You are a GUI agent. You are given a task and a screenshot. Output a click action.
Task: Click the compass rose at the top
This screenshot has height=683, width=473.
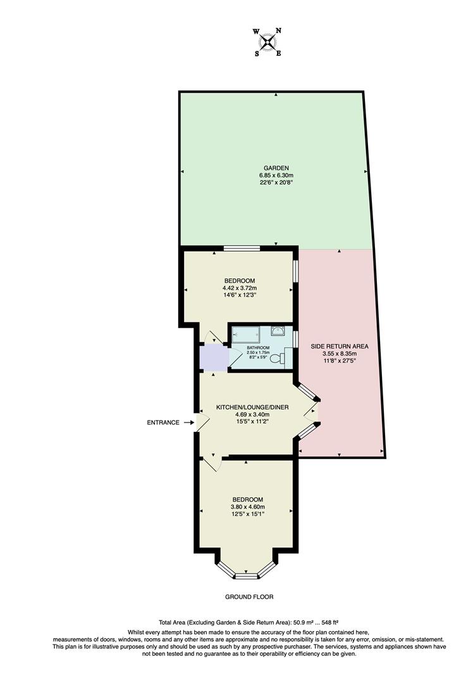tap(268, 42)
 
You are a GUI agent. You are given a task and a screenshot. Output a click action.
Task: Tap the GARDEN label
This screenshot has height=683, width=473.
tap(276, 168)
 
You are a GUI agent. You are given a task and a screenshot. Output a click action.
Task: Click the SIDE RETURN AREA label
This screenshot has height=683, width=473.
tap(340, 347)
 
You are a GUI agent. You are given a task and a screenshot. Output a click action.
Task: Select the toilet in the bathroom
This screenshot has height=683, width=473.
tap(278, 359)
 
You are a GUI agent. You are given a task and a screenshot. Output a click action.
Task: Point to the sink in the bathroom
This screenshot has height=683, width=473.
tap(278, 331)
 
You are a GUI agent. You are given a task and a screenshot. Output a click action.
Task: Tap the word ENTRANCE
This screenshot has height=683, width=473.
tap(164, 422)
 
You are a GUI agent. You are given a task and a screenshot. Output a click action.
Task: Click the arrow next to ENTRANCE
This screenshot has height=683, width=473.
tap(189, 422)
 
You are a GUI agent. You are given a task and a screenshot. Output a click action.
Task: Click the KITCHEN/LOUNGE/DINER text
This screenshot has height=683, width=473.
tap(252, 407)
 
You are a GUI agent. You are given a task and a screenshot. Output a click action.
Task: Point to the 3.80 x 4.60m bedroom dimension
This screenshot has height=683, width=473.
tap(247, 507)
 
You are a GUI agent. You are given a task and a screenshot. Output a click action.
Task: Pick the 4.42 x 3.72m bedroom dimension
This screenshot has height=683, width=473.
tap(240, 288)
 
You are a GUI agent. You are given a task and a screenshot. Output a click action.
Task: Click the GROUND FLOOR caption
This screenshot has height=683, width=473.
tap(249, 596)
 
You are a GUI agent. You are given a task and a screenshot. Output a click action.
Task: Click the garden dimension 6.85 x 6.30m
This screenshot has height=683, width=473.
tap(276, 175)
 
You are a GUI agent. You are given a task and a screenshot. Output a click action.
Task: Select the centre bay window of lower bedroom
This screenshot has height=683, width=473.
tap(247, 575)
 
